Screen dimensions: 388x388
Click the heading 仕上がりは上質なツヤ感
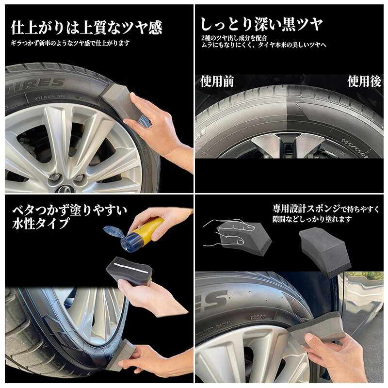(x=86, y=27)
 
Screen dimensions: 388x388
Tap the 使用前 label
(x=217, y=81)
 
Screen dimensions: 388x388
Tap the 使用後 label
(x=364, y=81)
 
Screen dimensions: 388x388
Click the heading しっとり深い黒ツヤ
(x=261, y=23)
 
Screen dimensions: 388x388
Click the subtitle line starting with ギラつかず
(x=70, y=43)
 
